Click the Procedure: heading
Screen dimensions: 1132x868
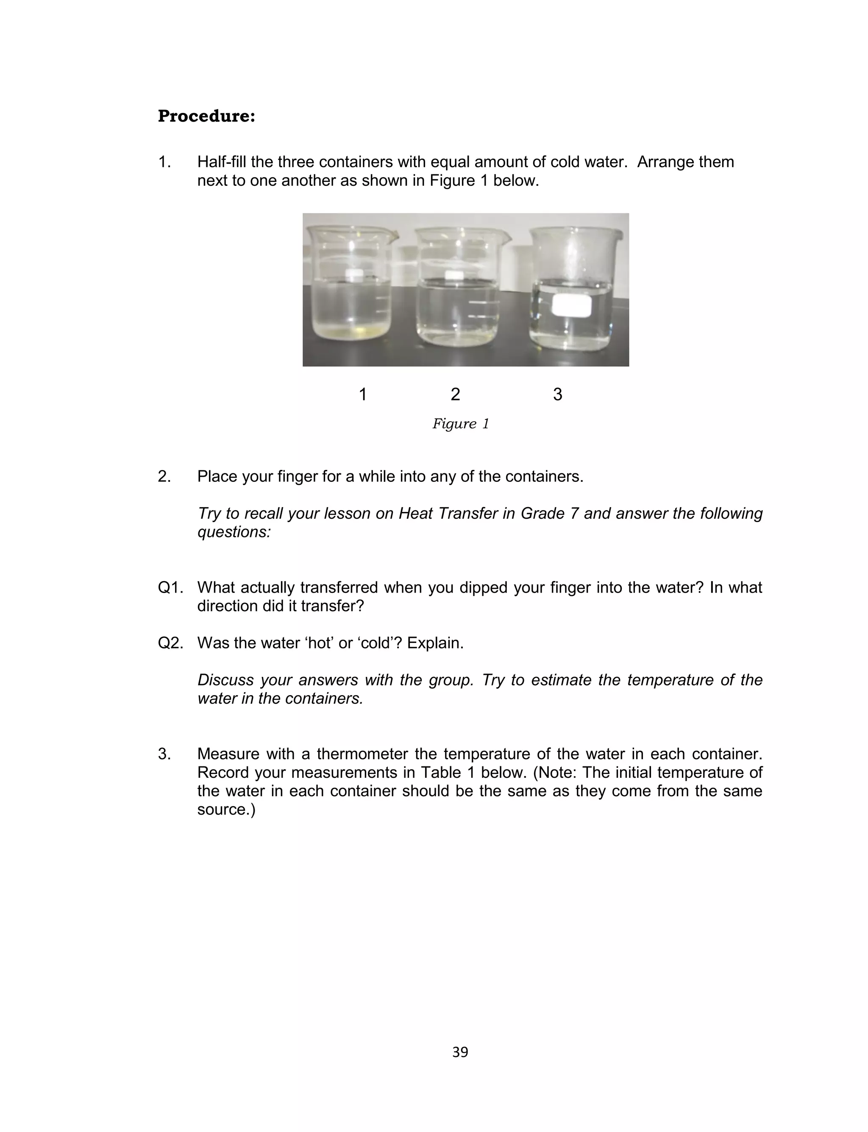tap(206, 116)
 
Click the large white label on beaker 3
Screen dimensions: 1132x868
tap(571, 305)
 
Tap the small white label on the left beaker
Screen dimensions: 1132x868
tap(356, 273)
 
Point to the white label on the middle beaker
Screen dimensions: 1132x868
tap(455, 276)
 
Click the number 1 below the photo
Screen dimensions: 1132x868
tap(363, 394)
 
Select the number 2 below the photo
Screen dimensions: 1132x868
tap(455, 394)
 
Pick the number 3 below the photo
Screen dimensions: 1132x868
tap(557, 394)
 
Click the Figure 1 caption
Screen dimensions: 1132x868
tap(460, 424)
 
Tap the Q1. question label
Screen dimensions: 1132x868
tap(170, 588)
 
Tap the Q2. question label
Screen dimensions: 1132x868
tap(170, 643)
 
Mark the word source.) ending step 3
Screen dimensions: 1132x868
tap(226, 810)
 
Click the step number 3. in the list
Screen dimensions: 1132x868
tap(164, 754)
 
